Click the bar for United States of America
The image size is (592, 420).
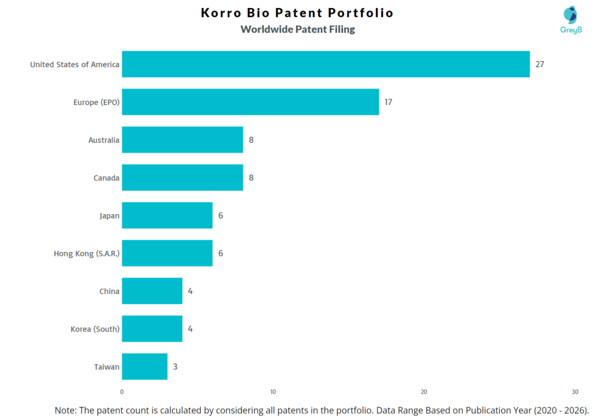(325, 64)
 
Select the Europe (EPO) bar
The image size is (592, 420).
(250, 102)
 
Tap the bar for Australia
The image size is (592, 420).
(182, 140)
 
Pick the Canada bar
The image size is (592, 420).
(182, 178)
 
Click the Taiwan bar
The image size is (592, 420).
(145, 367)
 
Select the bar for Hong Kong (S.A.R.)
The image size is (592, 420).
(167, 253)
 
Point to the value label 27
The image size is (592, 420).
(539, 64)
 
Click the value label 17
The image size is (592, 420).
(388, 102)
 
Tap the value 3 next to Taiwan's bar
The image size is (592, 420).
(175, 367)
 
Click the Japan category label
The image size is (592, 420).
(109, 215)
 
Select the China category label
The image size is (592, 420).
(109, 291)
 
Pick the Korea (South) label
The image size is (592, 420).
(95, 329)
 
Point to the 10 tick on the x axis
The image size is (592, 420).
(273, 392)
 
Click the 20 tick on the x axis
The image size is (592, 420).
(424, 392)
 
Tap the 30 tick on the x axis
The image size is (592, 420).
(575, 392)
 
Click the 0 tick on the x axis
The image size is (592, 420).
(122, 392)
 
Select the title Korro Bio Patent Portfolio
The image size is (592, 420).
(297, 13)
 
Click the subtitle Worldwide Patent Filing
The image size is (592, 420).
(298, 29)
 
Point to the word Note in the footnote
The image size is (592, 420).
(65, 410)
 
